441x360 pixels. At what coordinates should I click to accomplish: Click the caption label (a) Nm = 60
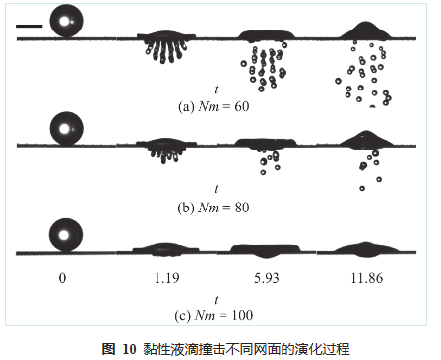pos(214,105)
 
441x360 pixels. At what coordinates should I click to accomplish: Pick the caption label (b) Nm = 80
pos(214,207)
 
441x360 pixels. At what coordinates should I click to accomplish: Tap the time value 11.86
pos(365,278)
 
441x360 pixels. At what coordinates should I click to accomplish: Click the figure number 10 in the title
pos(128,348)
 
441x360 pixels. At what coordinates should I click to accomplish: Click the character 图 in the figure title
pos(108,348)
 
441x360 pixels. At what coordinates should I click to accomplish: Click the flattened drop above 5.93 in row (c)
pos(266,249)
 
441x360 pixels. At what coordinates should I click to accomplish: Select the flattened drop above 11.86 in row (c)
pos(366,247)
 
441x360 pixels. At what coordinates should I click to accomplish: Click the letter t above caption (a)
pos(215,87)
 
